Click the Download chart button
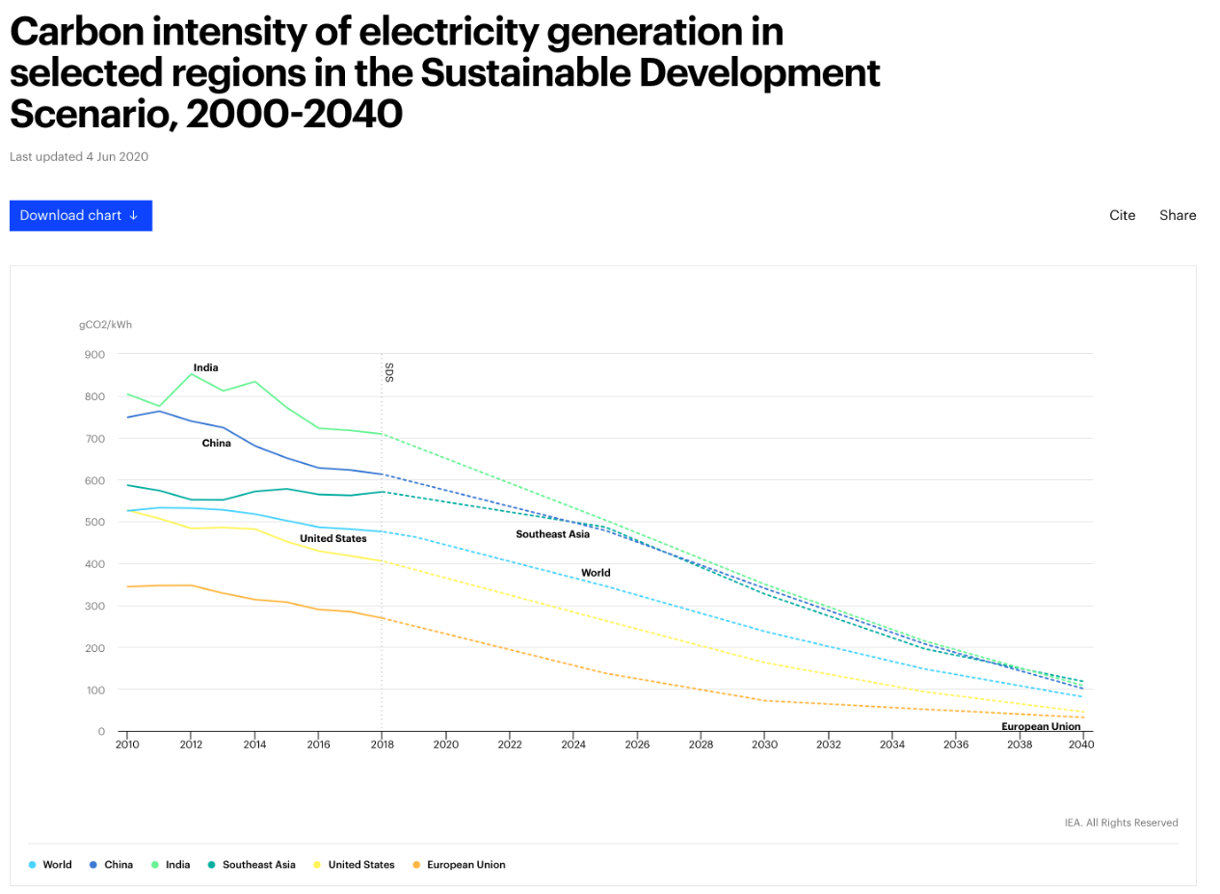coord(81,215)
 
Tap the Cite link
coord(1122,215)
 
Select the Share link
coord(1178,215)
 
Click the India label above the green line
coord(205,367)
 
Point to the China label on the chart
coord(216,444)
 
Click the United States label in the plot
coord(332,538)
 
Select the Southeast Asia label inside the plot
coord(552,534)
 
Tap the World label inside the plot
coord(596,573)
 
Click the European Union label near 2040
coord(1041,726)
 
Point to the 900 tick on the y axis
coord(94,354)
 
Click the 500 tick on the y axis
coord(94,522)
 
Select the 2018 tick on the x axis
coord(382,745)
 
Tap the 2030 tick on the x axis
coord(764,745)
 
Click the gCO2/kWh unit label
coord(105,325)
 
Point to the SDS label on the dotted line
coord(389,372)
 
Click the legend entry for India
coord(177,865)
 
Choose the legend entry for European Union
coord(465,865)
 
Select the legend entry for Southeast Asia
coord(258,865)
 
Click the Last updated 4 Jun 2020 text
coord(79,156)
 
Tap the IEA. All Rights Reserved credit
coord(1121,823)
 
